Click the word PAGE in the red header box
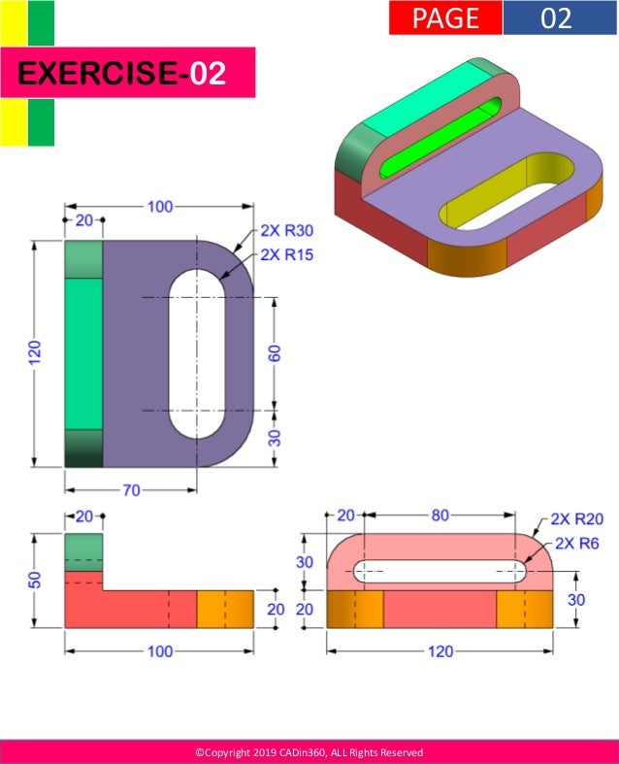click(445, 17)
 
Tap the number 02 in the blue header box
click(557, 17)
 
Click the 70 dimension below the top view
click(131, 489)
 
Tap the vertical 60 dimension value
click(275, 353)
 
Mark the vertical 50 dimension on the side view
click(36, 580)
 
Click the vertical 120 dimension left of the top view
click(35, 353)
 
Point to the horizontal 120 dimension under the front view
click(440, 650)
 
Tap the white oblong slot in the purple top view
click(198, 353)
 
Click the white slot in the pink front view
click(440, 571)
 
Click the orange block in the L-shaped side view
click(225, 609)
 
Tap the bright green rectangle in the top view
click(82, 353)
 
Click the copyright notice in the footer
click(309, 752)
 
